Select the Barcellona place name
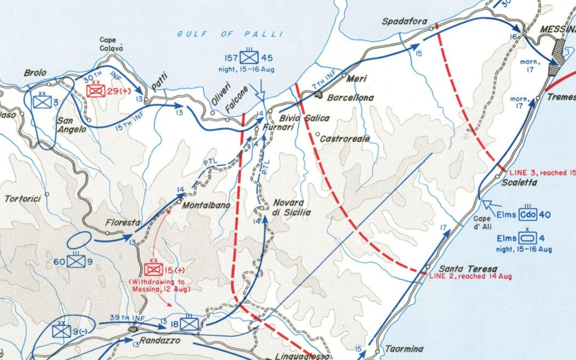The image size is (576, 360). [350, 98]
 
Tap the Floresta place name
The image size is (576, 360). [122, 223]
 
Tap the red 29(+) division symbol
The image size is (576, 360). [95, 91]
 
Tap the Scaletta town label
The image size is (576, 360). [520, 182]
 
